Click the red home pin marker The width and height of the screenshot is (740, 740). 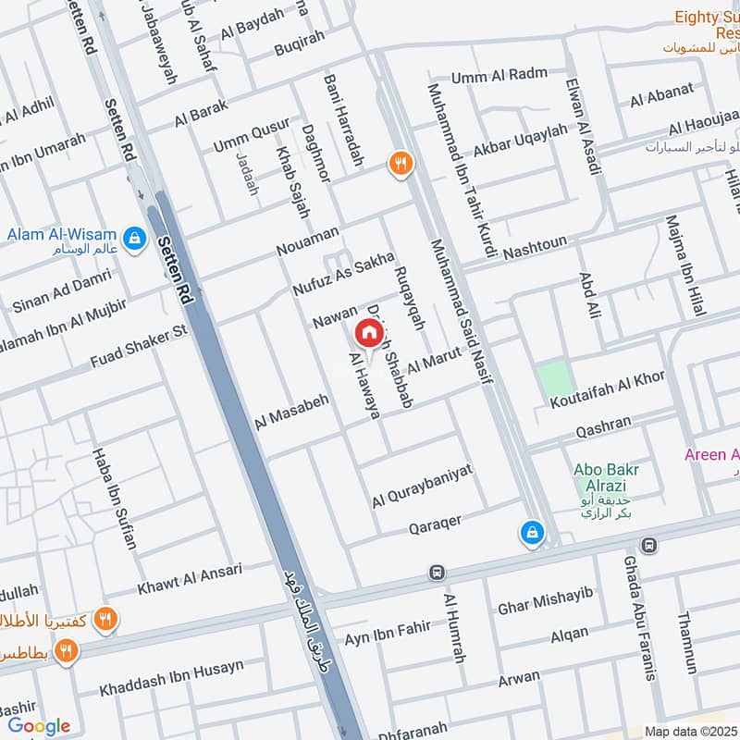pos(367,333)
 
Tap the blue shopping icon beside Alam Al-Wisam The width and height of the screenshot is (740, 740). pos(135,238)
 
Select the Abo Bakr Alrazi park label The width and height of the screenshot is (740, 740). pos(607,469)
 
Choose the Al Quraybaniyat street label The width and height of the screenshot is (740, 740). pos(422,487)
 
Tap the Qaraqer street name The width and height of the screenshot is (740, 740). pos(434,525)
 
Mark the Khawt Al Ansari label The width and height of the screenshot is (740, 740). pos(190,578)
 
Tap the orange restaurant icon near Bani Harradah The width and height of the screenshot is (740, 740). pos(401,164)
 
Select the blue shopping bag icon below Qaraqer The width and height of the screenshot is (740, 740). pos(532,532)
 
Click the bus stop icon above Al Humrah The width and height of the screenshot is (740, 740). pos(437,573)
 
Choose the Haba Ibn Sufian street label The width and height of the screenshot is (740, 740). pos(112,499)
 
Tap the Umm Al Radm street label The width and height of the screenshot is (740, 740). pos(499,74)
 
